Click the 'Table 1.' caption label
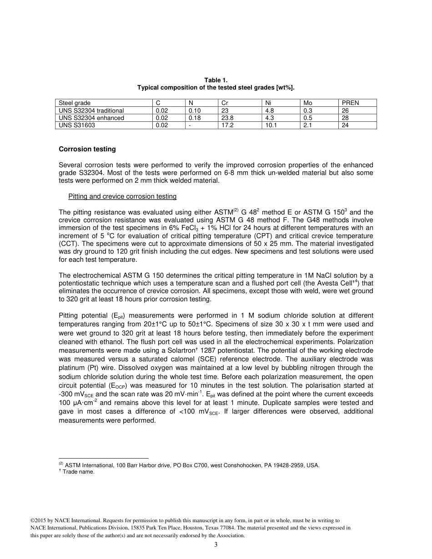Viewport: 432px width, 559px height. [x=216, y=80]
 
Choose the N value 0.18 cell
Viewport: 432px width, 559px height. [x=195, y=118]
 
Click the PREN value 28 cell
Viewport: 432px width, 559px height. [x=345, y=118]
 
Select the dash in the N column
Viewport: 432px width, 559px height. [x=190, y=125]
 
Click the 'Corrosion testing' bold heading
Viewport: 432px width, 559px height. [x=87, y=149]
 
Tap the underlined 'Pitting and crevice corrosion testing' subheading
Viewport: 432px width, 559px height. [x=122, y=197]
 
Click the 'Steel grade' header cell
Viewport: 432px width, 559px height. [x=75, y=103]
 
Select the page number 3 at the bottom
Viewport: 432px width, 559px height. [x=216, y=545]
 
